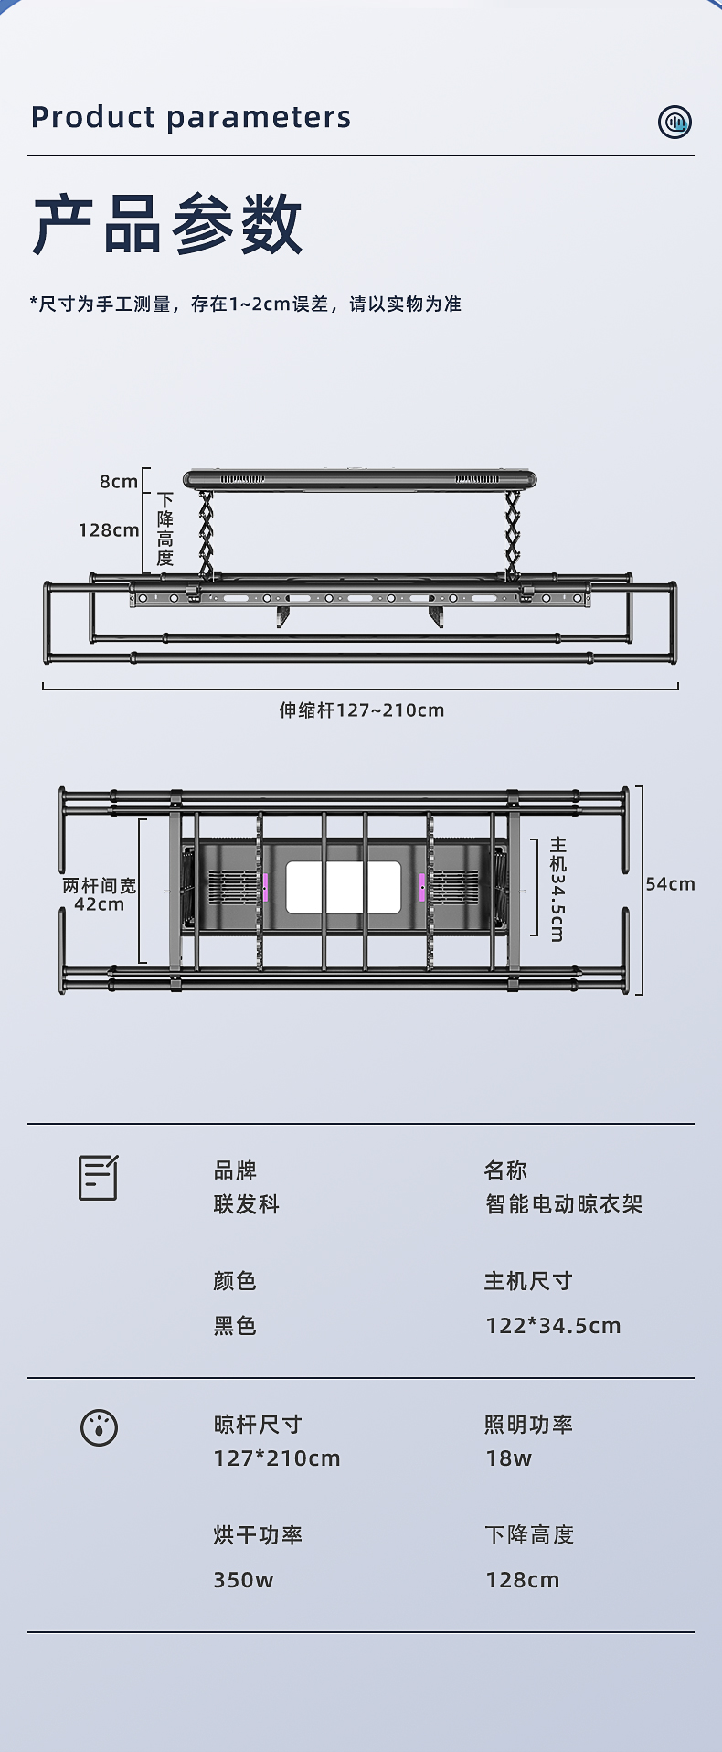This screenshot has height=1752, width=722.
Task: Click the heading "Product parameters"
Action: pyautogui.click(x=191, y=117)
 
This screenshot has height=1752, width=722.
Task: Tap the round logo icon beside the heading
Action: pyautogui.click(x=674, y=122)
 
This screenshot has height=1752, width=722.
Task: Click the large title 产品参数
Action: pyautogui.click(x=167, y=225)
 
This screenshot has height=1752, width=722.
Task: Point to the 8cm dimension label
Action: pyautogui.click(x=119, y=482)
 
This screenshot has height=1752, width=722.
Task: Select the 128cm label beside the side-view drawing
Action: pyautogui.click(x=109, y=529)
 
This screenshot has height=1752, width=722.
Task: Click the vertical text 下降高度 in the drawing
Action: pyautogui.click(x=165, y=529)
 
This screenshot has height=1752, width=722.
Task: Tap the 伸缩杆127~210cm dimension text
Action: pyautogui.click(x=362, y=710)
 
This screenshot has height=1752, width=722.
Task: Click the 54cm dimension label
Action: pyautogui.click(x=670, y=883)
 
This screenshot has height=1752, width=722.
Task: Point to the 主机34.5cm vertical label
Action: pyautogui.click(x=557, y=889)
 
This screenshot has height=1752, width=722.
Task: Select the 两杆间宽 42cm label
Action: pyautogui.click(x=100, y=895)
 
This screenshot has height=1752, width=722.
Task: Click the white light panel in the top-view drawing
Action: pyautogui.click(x=344, y=887)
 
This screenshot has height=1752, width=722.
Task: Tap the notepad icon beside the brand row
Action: pyautogui.click(x=98, y=1178)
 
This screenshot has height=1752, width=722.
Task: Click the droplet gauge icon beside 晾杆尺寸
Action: pyautogui.click(x=99, y=1427)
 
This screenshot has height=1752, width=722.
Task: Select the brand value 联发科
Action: pyautogui.click(x=247, y=1204)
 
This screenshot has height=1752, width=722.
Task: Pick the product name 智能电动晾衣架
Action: pyautogui.click(x=564, y=1204)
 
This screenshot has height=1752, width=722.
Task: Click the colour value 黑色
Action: pyautogui.click(x=235, y=1326)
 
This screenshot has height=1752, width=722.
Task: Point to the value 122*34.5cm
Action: pyautogui.click(x=553, y=1326)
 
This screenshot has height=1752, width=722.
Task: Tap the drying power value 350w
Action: pyautogui.click(x=243, y=1580)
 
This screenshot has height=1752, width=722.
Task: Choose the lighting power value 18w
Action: pyautogui.click(x=508, y=1458)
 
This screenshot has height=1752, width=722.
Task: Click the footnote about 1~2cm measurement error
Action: pyautogui.click(x=246, y=304)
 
